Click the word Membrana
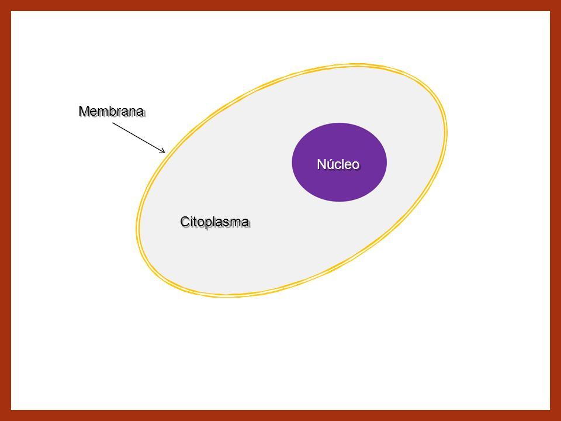[111, 111]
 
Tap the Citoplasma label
[214, 222]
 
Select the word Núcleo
[338, 164]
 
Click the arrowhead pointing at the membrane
[163, 151]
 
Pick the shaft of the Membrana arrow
[139, 138]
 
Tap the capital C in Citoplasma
[185, 222]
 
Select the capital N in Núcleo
[321, 164]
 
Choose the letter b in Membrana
[113, 111]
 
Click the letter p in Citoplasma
[213, 223]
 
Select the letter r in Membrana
[119, 112]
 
